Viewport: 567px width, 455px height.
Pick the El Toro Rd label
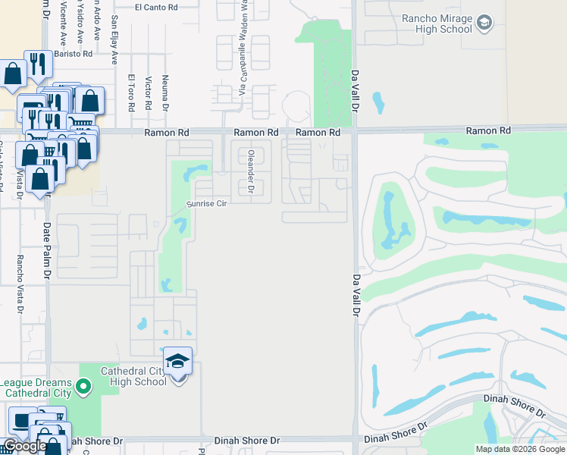[x=131, y=93]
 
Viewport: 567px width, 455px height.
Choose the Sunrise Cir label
[x=207, y=203]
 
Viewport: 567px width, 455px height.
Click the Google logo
[x=24, y=446]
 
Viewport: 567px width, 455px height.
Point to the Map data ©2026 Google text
[x=520, y=449]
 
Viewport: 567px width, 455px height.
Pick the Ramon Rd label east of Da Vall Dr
[x=488, y=131]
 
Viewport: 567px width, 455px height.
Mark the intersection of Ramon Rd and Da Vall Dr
[x=353, y=131]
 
